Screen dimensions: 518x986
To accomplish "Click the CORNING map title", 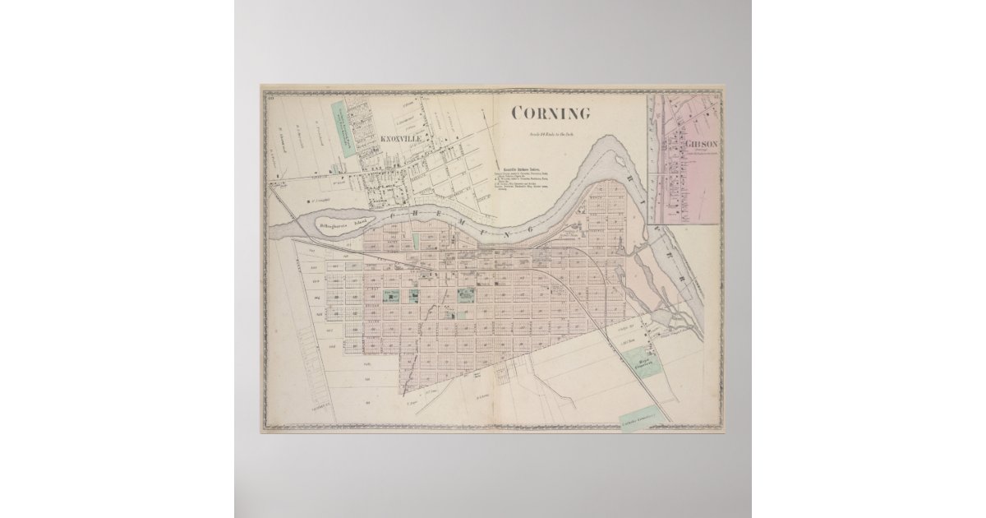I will click(551, 113).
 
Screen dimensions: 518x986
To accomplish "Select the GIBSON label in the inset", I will click(699, 143).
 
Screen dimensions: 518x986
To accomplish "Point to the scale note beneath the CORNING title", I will click(551, 134).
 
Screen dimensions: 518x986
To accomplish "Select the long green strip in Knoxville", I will click(343, 128).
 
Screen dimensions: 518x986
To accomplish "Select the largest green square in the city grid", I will click(466, 294).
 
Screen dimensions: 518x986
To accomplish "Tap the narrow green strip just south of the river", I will click(416, 242).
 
